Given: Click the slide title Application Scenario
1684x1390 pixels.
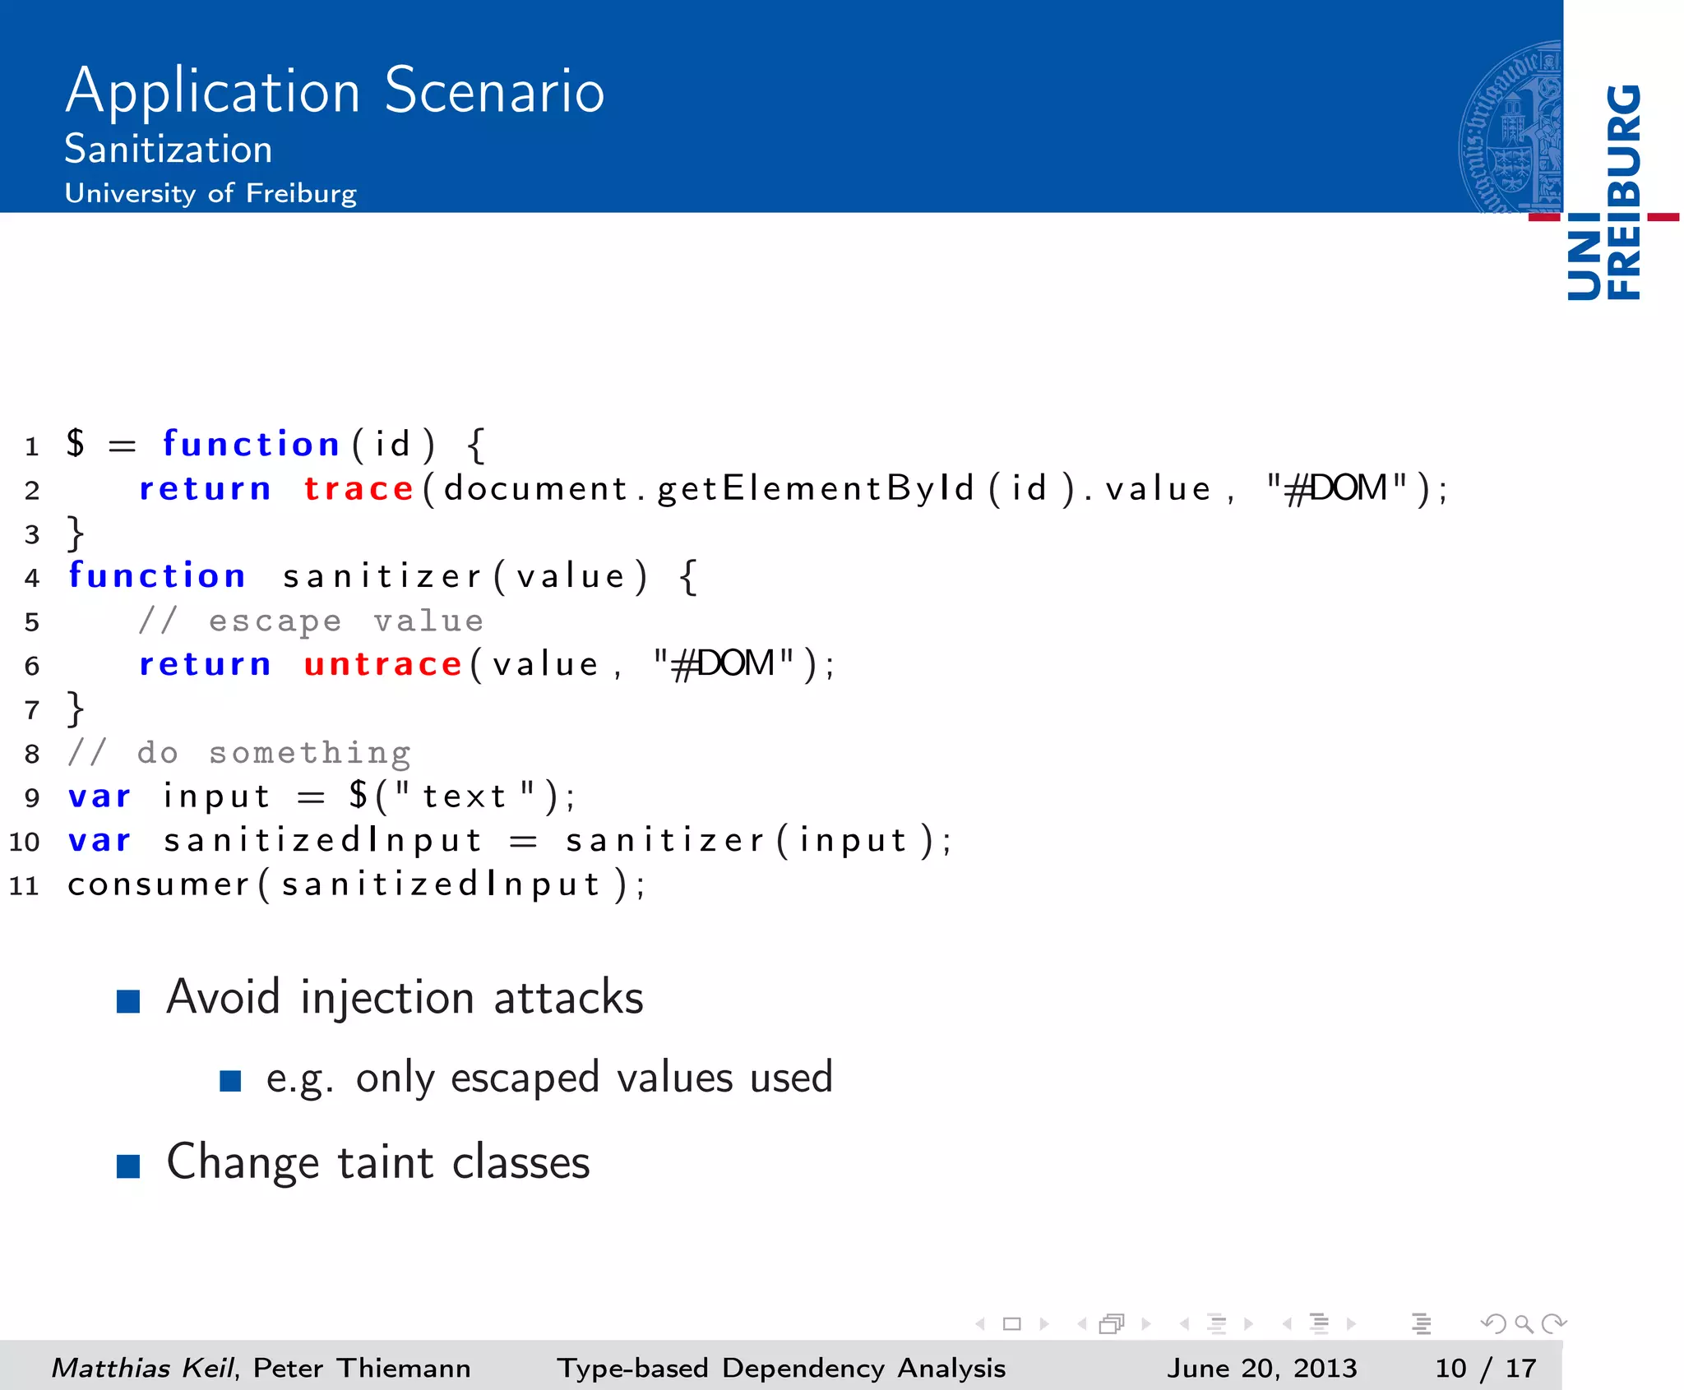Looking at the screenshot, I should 335,90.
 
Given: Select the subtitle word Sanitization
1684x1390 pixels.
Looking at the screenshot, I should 169,150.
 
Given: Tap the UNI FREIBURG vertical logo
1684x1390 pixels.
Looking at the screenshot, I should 1604,192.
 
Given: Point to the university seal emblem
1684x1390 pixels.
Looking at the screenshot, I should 1511,127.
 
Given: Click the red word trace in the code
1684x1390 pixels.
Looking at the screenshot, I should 359,488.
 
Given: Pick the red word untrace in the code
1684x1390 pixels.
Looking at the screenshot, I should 383,664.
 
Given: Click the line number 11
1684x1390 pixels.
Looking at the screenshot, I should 24,885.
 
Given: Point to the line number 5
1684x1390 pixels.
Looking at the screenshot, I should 31,621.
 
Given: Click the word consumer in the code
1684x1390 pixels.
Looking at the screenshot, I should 159,884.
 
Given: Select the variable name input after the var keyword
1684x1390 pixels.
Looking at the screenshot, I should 216,797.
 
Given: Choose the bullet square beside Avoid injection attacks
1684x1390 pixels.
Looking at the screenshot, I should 128,1000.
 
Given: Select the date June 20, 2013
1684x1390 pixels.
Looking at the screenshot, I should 1261,1368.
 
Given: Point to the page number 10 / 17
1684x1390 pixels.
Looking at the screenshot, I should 1485,1368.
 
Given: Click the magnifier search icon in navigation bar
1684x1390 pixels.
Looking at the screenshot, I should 1524,1323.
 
